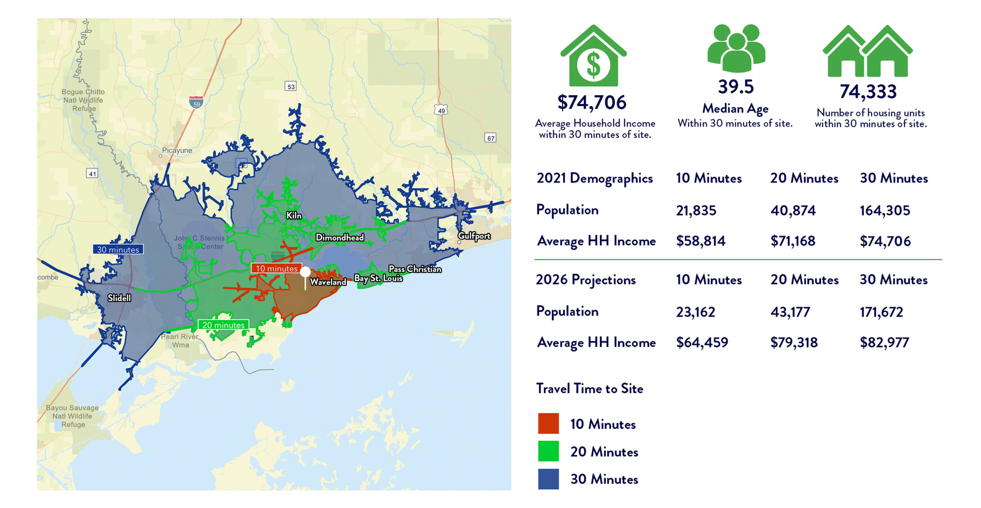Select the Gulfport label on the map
(474, 236)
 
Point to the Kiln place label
(294, 216)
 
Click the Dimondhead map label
(339, 237)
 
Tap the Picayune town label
(177, 150)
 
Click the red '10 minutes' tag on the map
(276, 269)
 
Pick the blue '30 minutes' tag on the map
(118, 250)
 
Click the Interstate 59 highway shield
(196, 102)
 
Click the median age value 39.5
(736, 87)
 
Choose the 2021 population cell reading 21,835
(696, 210)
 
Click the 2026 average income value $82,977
(884, 342)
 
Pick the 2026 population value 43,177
(790, 312)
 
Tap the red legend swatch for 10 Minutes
(548, 424)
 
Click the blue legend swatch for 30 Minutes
(548, 479)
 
